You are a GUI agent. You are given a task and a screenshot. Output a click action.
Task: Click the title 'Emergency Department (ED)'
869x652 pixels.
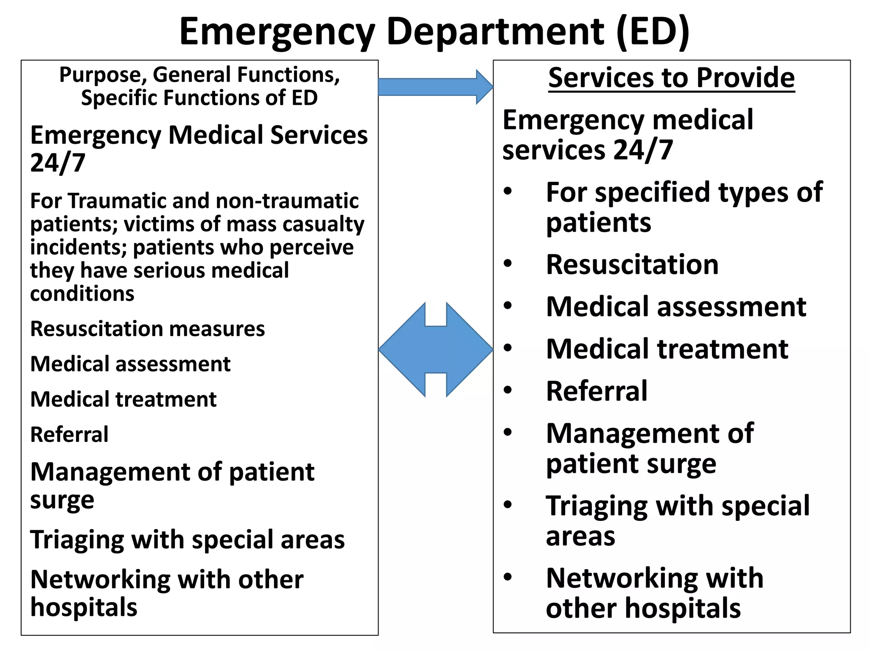pos(434,31)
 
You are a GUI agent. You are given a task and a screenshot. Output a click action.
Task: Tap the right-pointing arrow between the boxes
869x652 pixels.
pos(435,87)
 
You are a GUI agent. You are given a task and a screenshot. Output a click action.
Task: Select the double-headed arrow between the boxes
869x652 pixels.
pos(436,350)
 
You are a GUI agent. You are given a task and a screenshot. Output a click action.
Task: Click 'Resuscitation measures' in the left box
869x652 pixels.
pos(147,329)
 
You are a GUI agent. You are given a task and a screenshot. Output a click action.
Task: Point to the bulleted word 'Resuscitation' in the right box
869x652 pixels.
pos(632,264)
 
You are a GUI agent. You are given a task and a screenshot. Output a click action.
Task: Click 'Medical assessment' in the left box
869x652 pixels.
pos(130,364)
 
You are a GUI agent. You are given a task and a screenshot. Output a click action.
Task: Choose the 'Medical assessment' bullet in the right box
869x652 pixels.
pos(676,306)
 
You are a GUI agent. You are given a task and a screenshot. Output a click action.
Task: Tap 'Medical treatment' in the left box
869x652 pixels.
pos(123,399)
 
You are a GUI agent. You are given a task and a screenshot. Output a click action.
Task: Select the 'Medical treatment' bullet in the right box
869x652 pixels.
pos(667,349)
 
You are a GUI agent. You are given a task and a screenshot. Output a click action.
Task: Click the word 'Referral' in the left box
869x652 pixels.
pos(69,435)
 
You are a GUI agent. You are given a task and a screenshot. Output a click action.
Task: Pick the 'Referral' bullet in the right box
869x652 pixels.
pos(597,391)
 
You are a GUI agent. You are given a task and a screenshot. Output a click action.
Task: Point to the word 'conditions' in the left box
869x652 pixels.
pos(82,294)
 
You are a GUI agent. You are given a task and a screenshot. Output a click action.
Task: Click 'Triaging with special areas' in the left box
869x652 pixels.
pos(187,540)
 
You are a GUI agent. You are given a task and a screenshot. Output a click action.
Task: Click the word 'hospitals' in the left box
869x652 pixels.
pos(84,607)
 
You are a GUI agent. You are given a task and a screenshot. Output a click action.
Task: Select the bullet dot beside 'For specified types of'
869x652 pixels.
pos(508,192)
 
